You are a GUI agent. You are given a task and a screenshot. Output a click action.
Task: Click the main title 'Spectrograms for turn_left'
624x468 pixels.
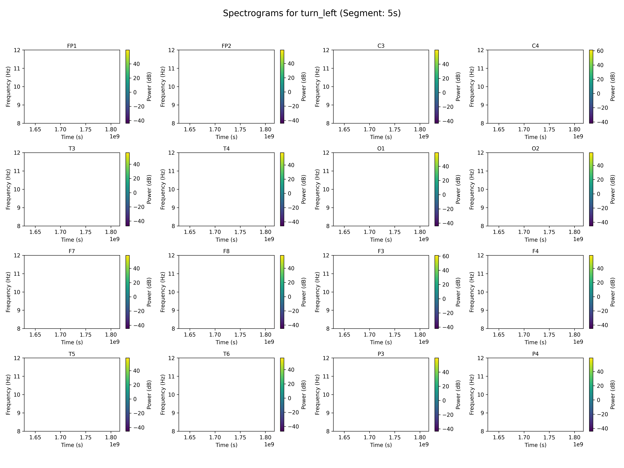pyautogui.click(x=312, y=13)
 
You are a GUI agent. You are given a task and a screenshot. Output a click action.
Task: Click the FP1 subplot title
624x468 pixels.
pyautogui.click(x=72, y=46)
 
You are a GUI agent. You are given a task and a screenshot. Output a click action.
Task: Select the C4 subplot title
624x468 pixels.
pyautogui.click(x=535, y=46)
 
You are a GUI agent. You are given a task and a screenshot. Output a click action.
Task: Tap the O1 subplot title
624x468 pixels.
pyautogui.click(x=381, y=148)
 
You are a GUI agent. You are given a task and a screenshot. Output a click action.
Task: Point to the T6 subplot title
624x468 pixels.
pyautogui.click(x=226, y=354)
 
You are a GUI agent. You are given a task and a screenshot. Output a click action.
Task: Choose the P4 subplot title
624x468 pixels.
pyautogui.click(x=535, y=354)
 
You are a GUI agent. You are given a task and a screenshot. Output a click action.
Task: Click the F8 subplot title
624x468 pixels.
pyautogui.click(x=226, y=251)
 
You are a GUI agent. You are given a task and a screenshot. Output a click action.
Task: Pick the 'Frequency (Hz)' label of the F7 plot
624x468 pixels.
pyautogui.click(x=8, y=292)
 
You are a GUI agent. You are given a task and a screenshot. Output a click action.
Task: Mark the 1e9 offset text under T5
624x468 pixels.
pyautogui.click(x=115, y=444)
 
